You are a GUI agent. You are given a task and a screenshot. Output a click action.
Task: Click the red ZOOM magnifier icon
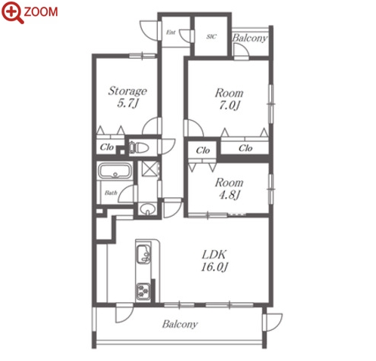tap(12, 13)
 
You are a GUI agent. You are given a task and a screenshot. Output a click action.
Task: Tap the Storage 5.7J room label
tap(128, 97)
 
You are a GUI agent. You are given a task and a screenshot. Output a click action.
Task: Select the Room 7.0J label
tap(229, 99)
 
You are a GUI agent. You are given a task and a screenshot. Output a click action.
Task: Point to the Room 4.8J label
tap(229, 188)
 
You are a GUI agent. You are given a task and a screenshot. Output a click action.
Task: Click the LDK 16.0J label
tap(214, 261)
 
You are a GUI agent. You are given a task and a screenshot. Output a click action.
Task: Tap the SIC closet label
tap(211, 37)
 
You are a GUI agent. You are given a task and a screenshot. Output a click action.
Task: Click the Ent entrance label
tap(171, 32)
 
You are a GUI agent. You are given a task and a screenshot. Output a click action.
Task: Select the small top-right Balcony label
tap(249, 38)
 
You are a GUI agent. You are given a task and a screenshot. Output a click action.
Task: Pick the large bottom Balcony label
tap(180, 324)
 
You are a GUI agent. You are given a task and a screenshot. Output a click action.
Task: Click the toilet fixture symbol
tap(139, 148)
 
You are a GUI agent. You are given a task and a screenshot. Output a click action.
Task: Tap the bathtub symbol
tap(115, 171)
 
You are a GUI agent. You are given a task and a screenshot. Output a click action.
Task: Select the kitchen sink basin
tap(143, 255)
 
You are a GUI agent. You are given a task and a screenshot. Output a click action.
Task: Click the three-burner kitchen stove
tap(143, 292)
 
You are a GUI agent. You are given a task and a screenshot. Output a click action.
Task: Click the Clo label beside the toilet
tap(106, 147)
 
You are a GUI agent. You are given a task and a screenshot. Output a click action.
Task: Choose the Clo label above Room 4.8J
tap(203, 150)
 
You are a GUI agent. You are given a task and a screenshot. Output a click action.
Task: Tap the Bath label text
tap(111, 193)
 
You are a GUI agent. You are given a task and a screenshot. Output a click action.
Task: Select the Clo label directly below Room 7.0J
tap(245, 148)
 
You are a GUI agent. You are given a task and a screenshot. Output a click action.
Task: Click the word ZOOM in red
tap(41, 12)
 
